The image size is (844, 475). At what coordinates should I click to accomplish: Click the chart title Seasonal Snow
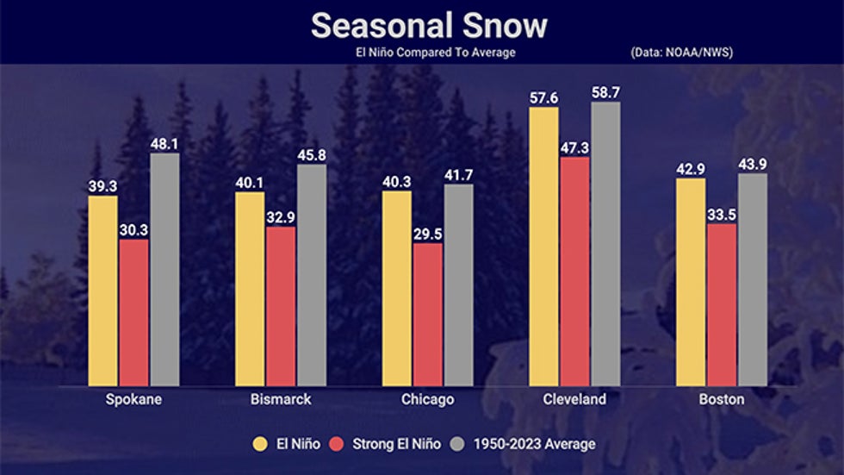tap(428, 26)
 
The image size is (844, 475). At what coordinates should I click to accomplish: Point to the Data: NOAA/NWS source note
tap(681, 53)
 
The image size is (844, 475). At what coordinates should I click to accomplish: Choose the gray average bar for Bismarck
tap(311, 275)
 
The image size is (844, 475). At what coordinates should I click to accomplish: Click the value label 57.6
tap(543, 98)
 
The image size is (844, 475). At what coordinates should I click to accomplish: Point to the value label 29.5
tap(427, 234)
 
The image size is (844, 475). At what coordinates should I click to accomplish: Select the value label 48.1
tap(164, 144)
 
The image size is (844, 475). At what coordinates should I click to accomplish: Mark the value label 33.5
tap(722, 215)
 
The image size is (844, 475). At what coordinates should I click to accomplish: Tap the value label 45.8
tap(311, 155)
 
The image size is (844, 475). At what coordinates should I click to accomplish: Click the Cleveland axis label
tap(574, 399)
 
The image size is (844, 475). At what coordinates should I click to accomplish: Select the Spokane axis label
tap(133, 399)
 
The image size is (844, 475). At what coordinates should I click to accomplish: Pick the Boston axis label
tap(722, 399)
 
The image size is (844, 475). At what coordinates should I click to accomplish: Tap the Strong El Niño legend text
tap(396, 444)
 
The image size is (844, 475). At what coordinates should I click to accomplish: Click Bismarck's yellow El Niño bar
tap(250, 289)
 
